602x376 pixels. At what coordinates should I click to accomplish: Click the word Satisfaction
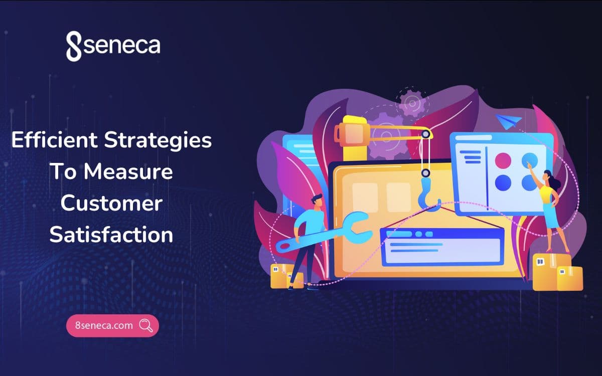pyautogui.click(x=111, y=234)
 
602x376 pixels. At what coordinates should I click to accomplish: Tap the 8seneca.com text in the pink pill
pyautogui.click(x=104, y=325)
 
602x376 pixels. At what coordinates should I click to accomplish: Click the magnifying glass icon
pyautogui.click(x=146, y=325)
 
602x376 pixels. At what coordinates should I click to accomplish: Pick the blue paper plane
pyautogui.click(x=509, y=120)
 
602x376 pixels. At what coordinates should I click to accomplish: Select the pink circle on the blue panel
pyautogui.click(x=503, y=160)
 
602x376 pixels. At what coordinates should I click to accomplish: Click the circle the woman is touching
pyautogui.click(x=530, y=160)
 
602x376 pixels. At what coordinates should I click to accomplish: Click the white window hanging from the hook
pyautogui.click(x=441, y=246)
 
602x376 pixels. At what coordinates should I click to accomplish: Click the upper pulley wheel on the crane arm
pyautogui.click(x=425, y=134)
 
